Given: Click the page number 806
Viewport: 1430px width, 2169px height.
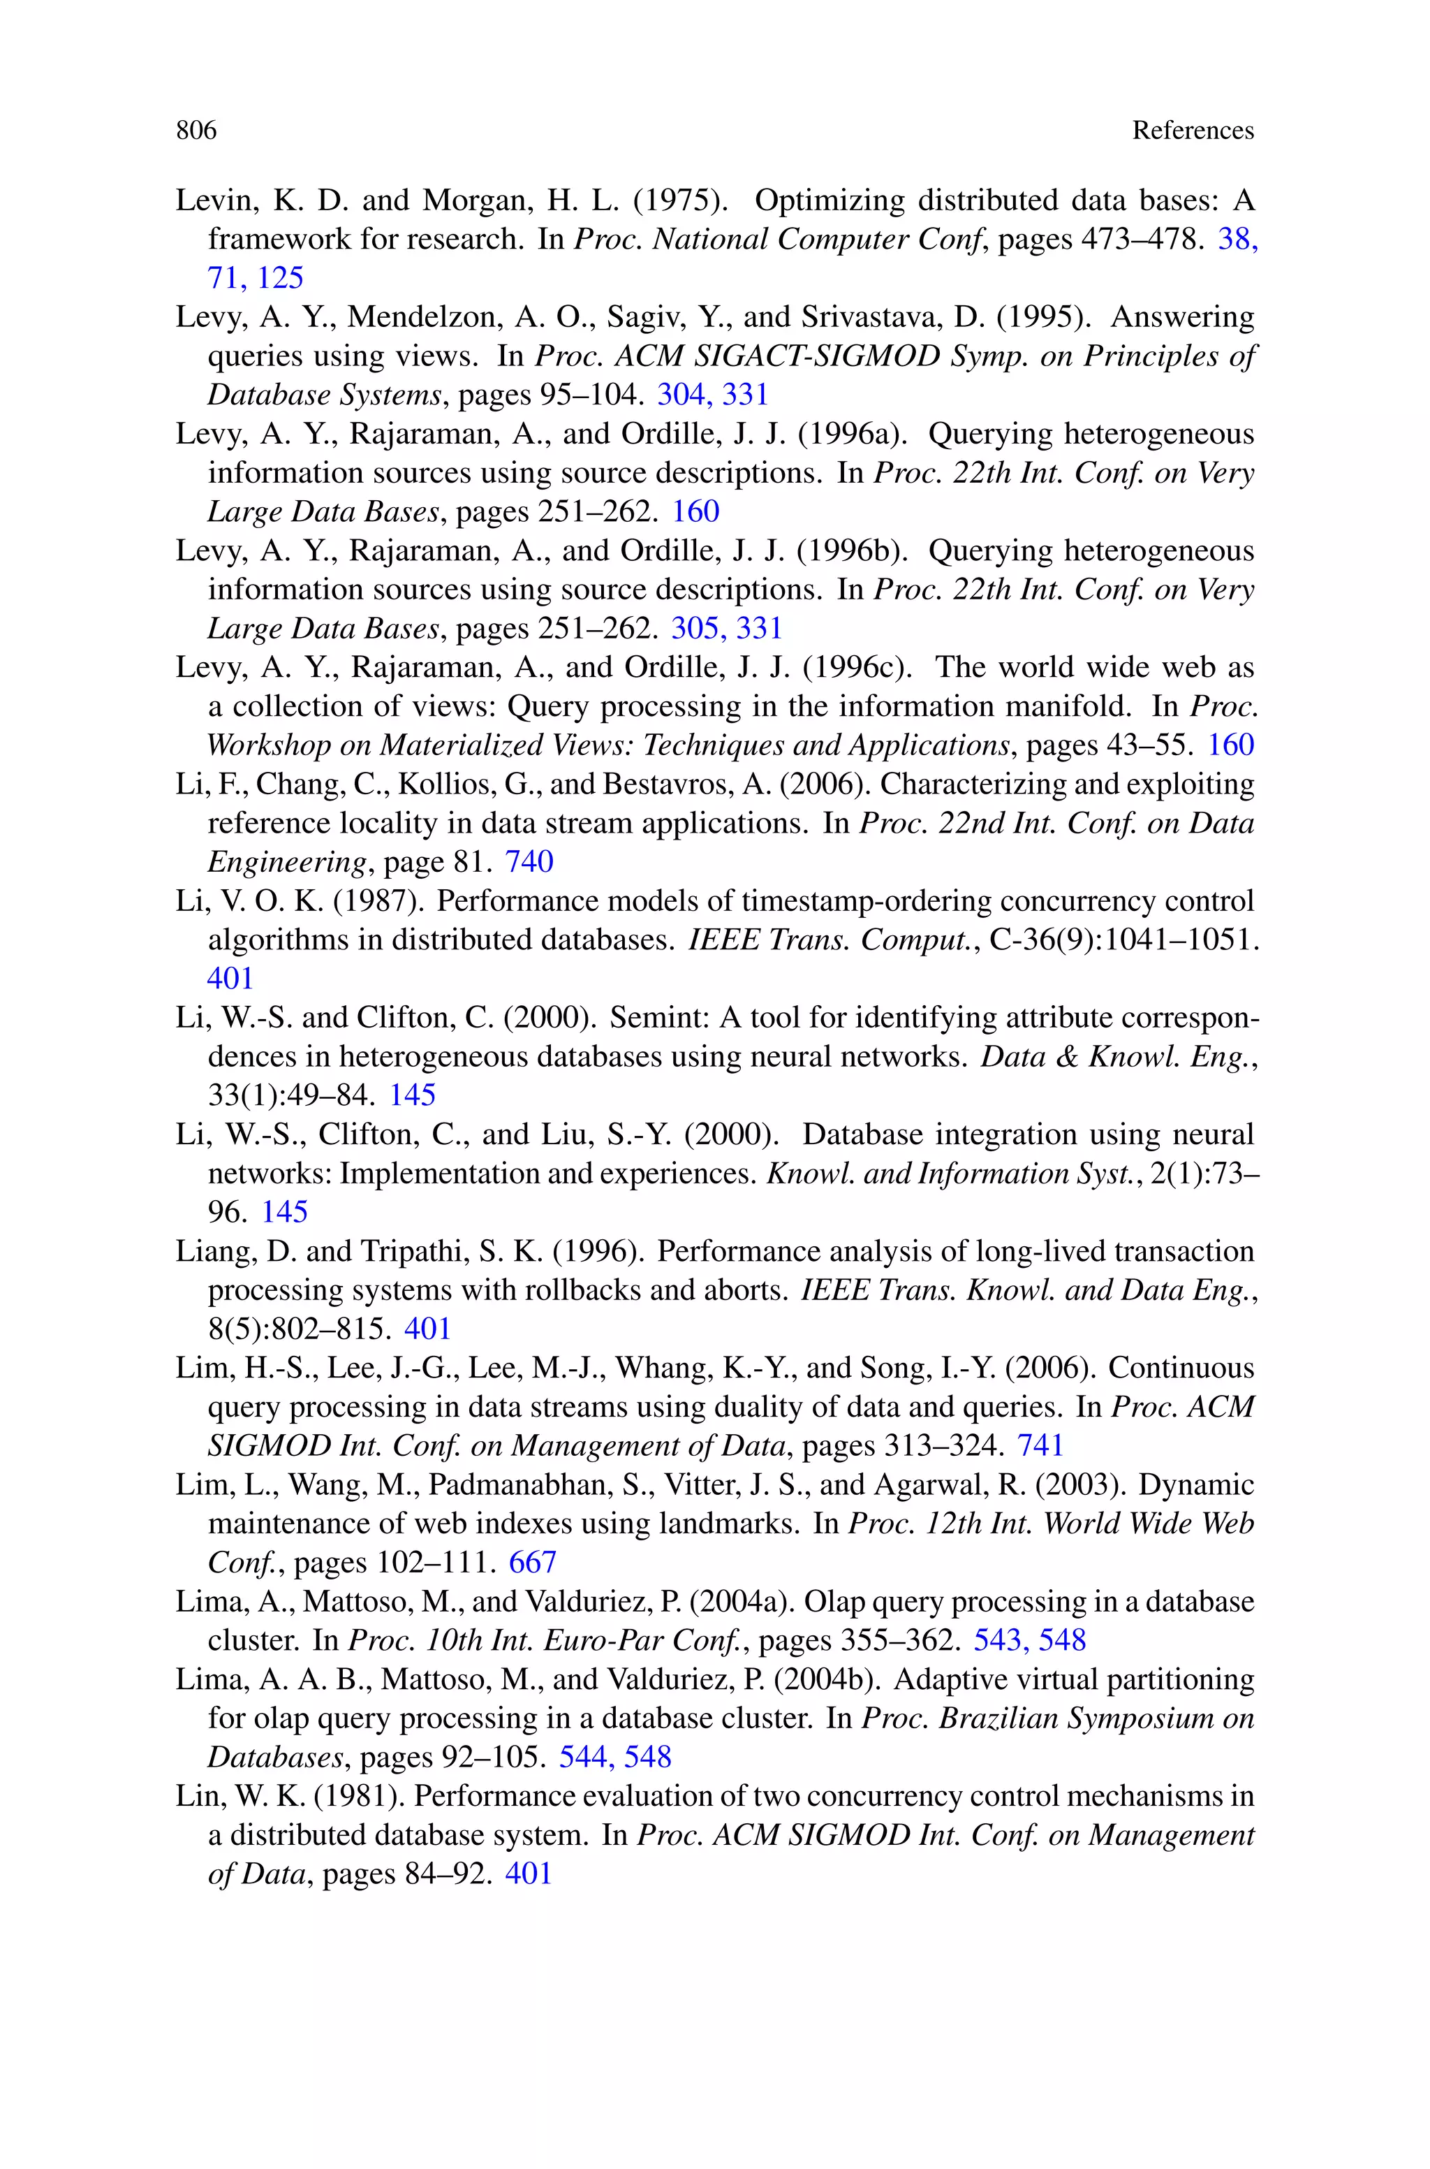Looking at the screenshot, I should (x=196, y=131).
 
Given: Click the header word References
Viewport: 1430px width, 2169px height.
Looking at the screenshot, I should (x=1192, y=131).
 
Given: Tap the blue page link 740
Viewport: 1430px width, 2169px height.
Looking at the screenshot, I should (x=529, y=862).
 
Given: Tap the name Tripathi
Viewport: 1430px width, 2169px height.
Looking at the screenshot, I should (x=411, y=1251).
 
